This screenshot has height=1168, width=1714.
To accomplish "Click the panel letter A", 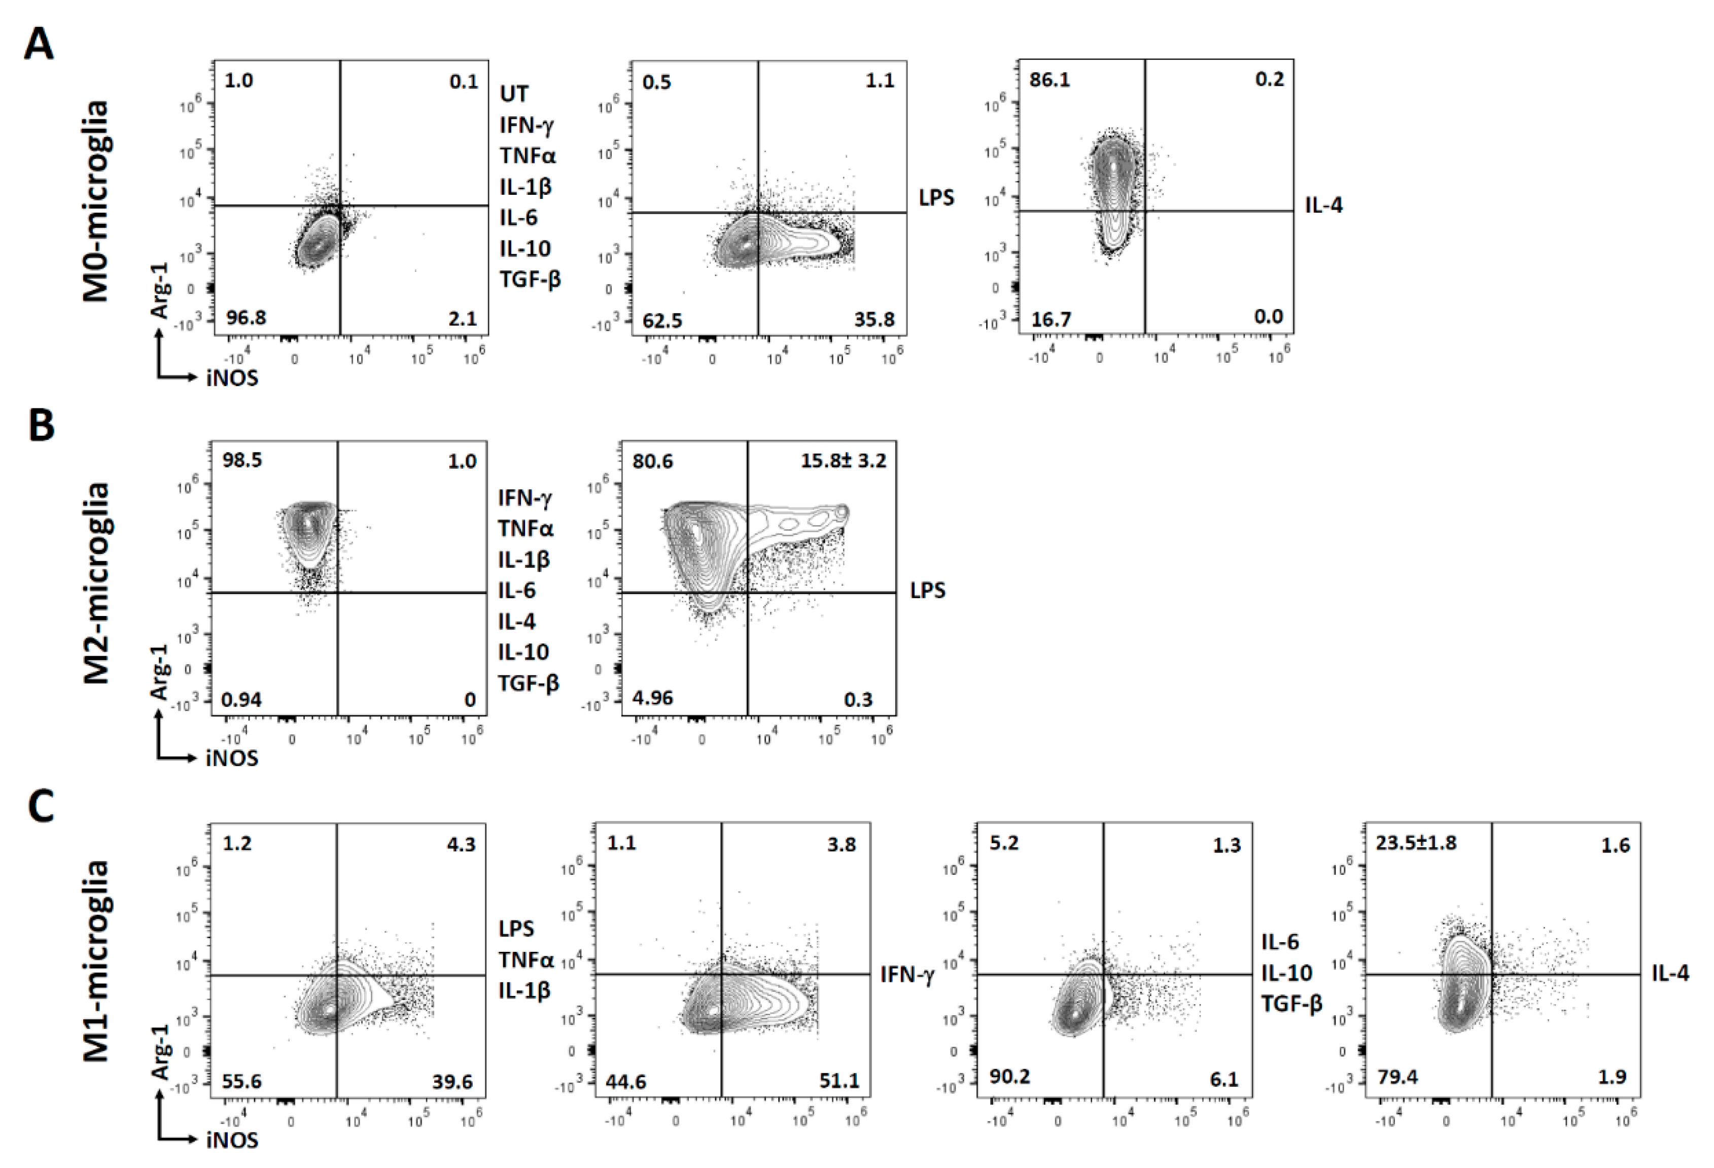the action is click(39, 45).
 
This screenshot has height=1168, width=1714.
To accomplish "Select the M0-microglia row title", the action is click(96, 201).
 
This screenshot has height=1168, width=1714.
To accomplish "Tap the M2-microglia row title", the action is click(96, 583).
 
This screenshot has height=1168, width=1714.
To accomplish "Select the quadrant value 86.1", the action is click(1050, 79).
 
